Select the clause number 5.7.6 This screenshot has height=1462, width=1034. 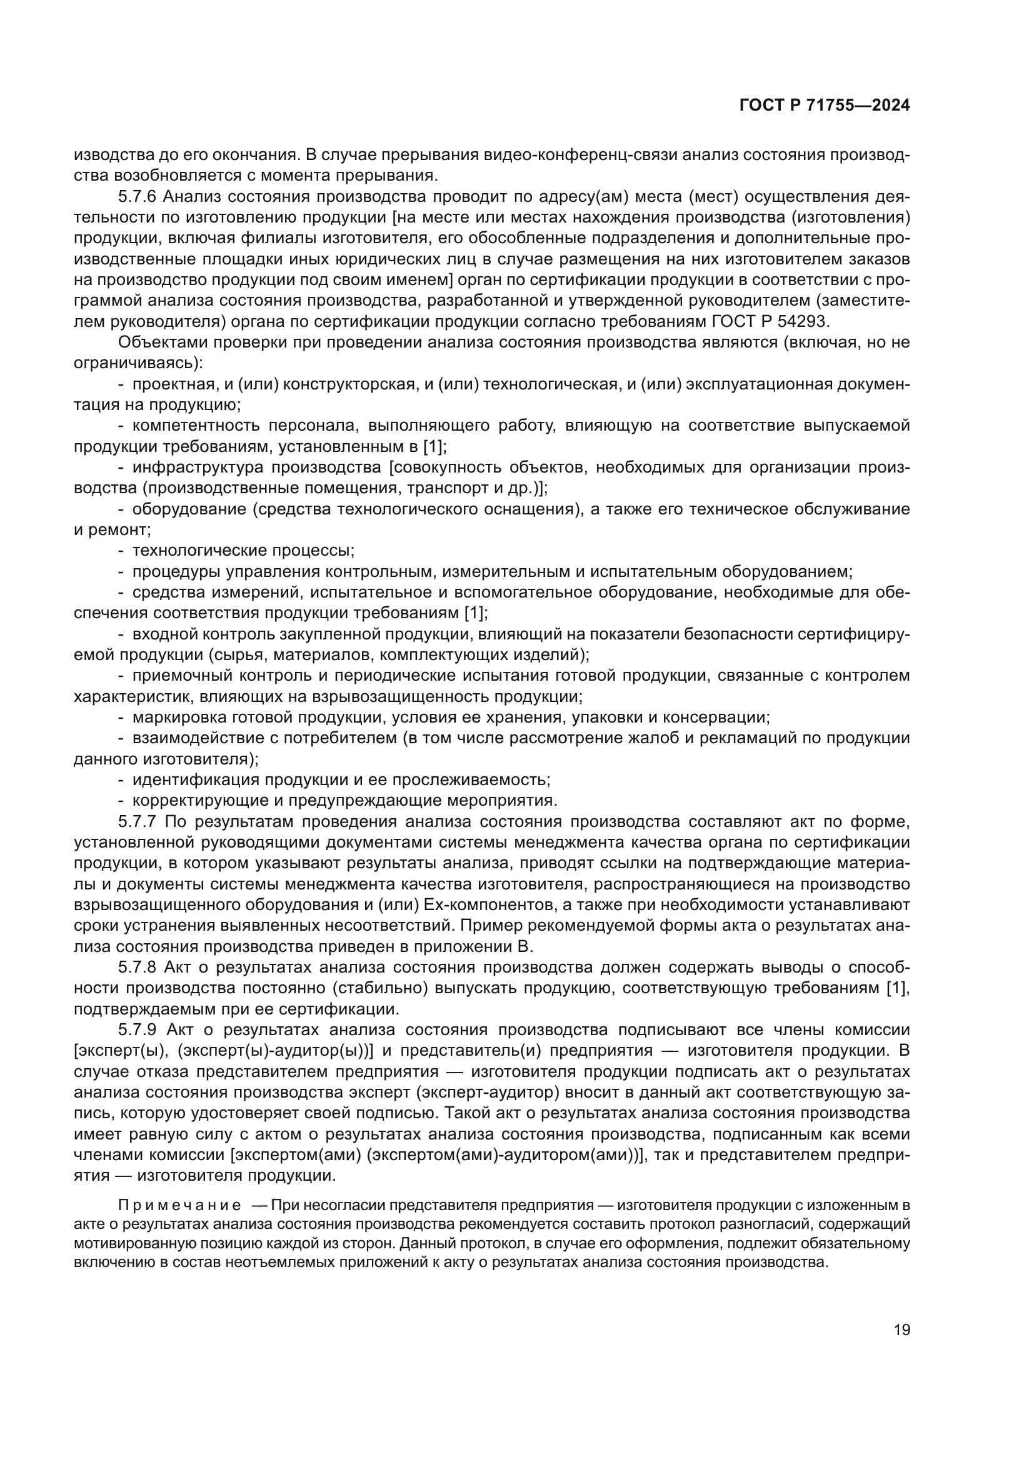pyautogui.click(x=136, y=197)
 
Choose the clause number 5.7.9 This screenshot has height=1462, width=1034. pyautogui.click(x=136, y=1029)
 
